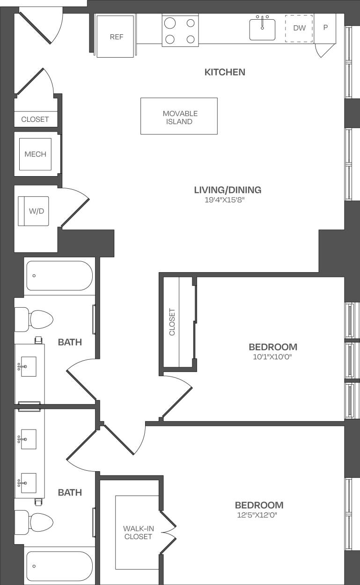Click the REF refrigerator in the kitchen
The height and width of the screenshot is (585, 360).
click(x=116, y=37)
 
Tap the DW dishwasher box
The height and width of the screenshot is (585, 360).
click(x=299, y=28)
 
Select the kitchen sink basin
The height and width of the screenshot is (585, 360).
click(x=262, y=30)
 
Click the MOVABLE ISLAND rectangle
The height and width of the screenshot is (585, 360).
click(x=179, y=116)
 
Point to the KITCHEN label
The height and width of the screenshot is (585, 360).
click(x=225, y=72)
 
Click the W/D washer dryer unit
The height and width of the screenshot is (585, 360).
click(x=34, y=211)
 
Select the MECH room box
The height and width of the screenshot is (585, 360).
click(x=36, y=154)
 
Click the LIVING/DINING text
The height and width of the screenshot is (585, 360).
click(x=228, y=190)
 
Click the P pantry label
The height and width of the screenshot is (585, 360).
click(x=325, y=27)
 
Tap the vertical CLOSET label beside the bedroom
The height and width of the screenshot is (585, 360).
click(x=172, y=322)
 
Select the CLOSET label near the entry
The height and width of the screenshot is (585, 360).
click(x=35, y=119)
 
